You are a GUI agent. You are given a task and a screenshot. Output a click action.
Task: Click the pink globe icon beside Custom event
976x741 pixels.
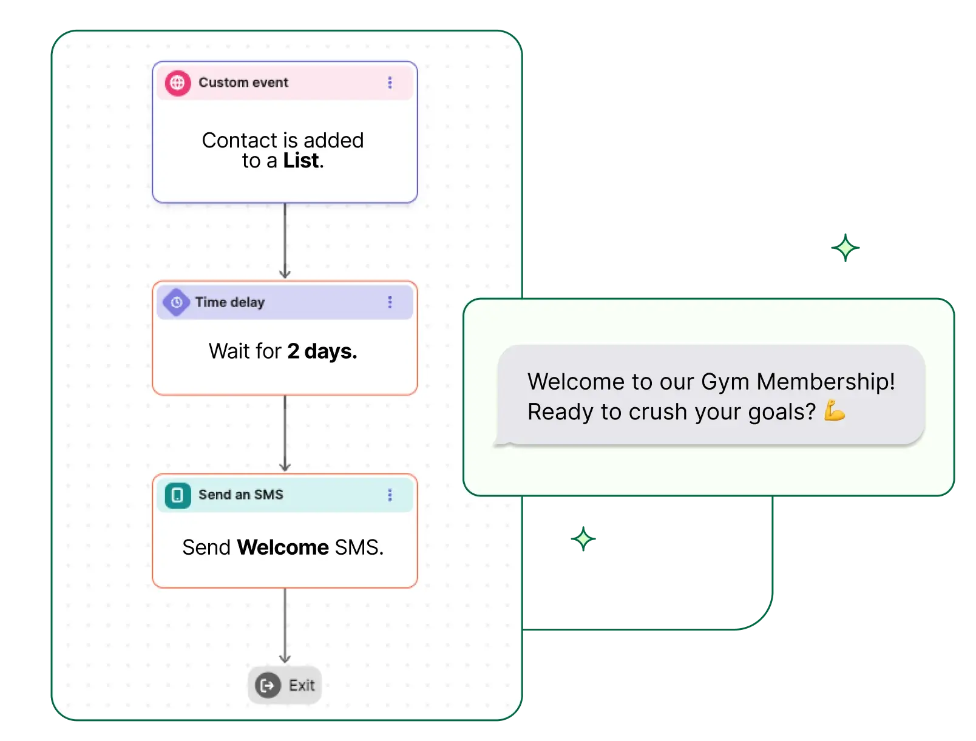click(x=177, y=83)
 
